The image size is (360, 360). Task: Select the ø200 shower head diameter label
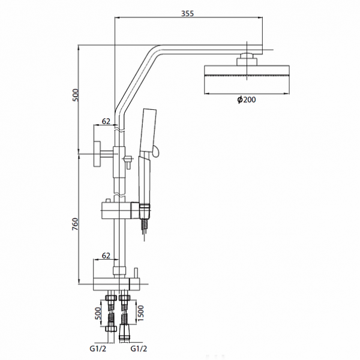pos(246,100)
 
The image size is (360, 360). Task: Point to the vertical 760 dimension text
pos(74,224)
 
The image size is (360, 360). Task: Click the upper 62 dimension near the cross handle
pos(106,121)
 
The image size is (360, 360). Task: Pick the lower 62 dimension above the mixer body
pos(106,256)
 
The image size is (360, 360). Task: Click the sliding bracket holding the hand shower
pos(120,210)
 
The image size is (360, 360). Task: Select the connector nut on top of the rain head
pos(247,58)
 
